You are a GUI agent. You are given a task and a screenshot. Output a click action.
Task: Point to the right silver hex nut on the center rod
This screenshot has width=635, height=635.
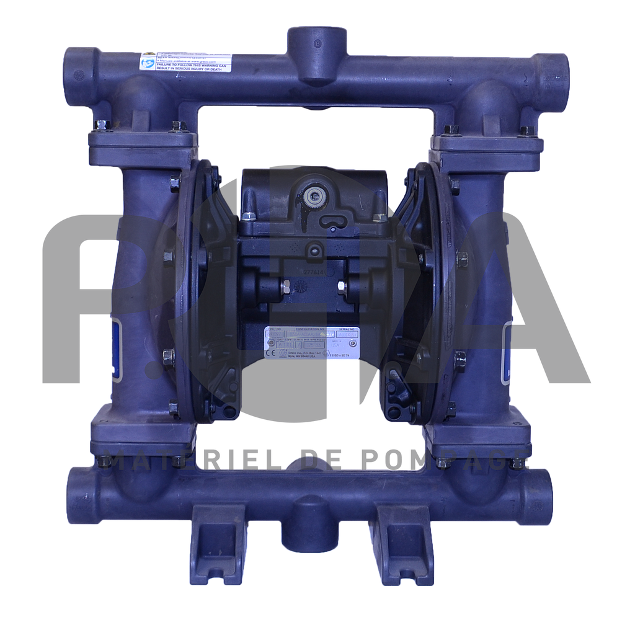click(x=341, y=287)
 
